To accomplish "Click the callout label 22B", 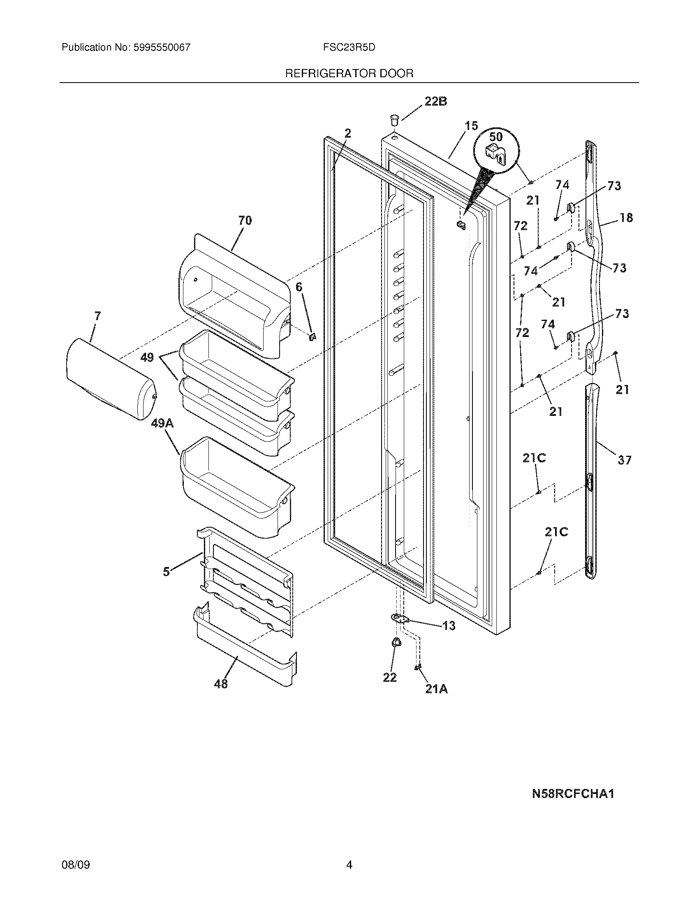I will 435,101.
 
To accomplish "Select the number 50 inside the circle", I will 495,136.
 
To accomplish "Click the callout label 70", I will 245,220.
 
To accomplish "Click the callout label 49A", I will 162,423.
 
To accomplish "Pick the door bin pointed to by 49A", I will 236,489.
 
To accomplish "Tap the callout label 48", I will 221,684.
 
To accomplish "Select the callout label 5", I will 166,572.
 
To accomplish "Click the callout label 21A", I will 436,689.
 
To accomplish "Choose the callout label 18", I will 626,218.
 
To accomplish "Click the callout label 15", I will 471,125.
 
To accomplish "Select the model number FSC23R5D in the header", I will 349,47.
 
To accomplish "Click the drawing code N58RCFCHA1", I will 573,794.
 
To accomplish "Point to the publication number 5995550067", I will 162,47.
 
